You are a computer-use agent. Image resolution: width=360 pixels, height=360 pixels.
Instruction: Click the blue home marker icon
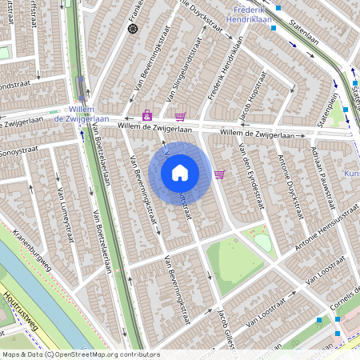click(x=180, y=172)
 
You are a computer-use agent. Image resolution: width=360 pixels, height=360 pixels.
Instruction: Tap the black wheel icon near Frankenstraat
click(x=134, y=29)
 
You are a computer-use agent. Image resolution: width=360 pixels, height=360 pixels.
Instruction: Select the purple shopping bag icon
click(x=146, y=115)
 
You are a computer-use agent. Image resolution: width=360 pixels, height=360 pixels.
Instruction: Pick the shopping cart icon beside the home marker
click(x=219, y=174)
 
